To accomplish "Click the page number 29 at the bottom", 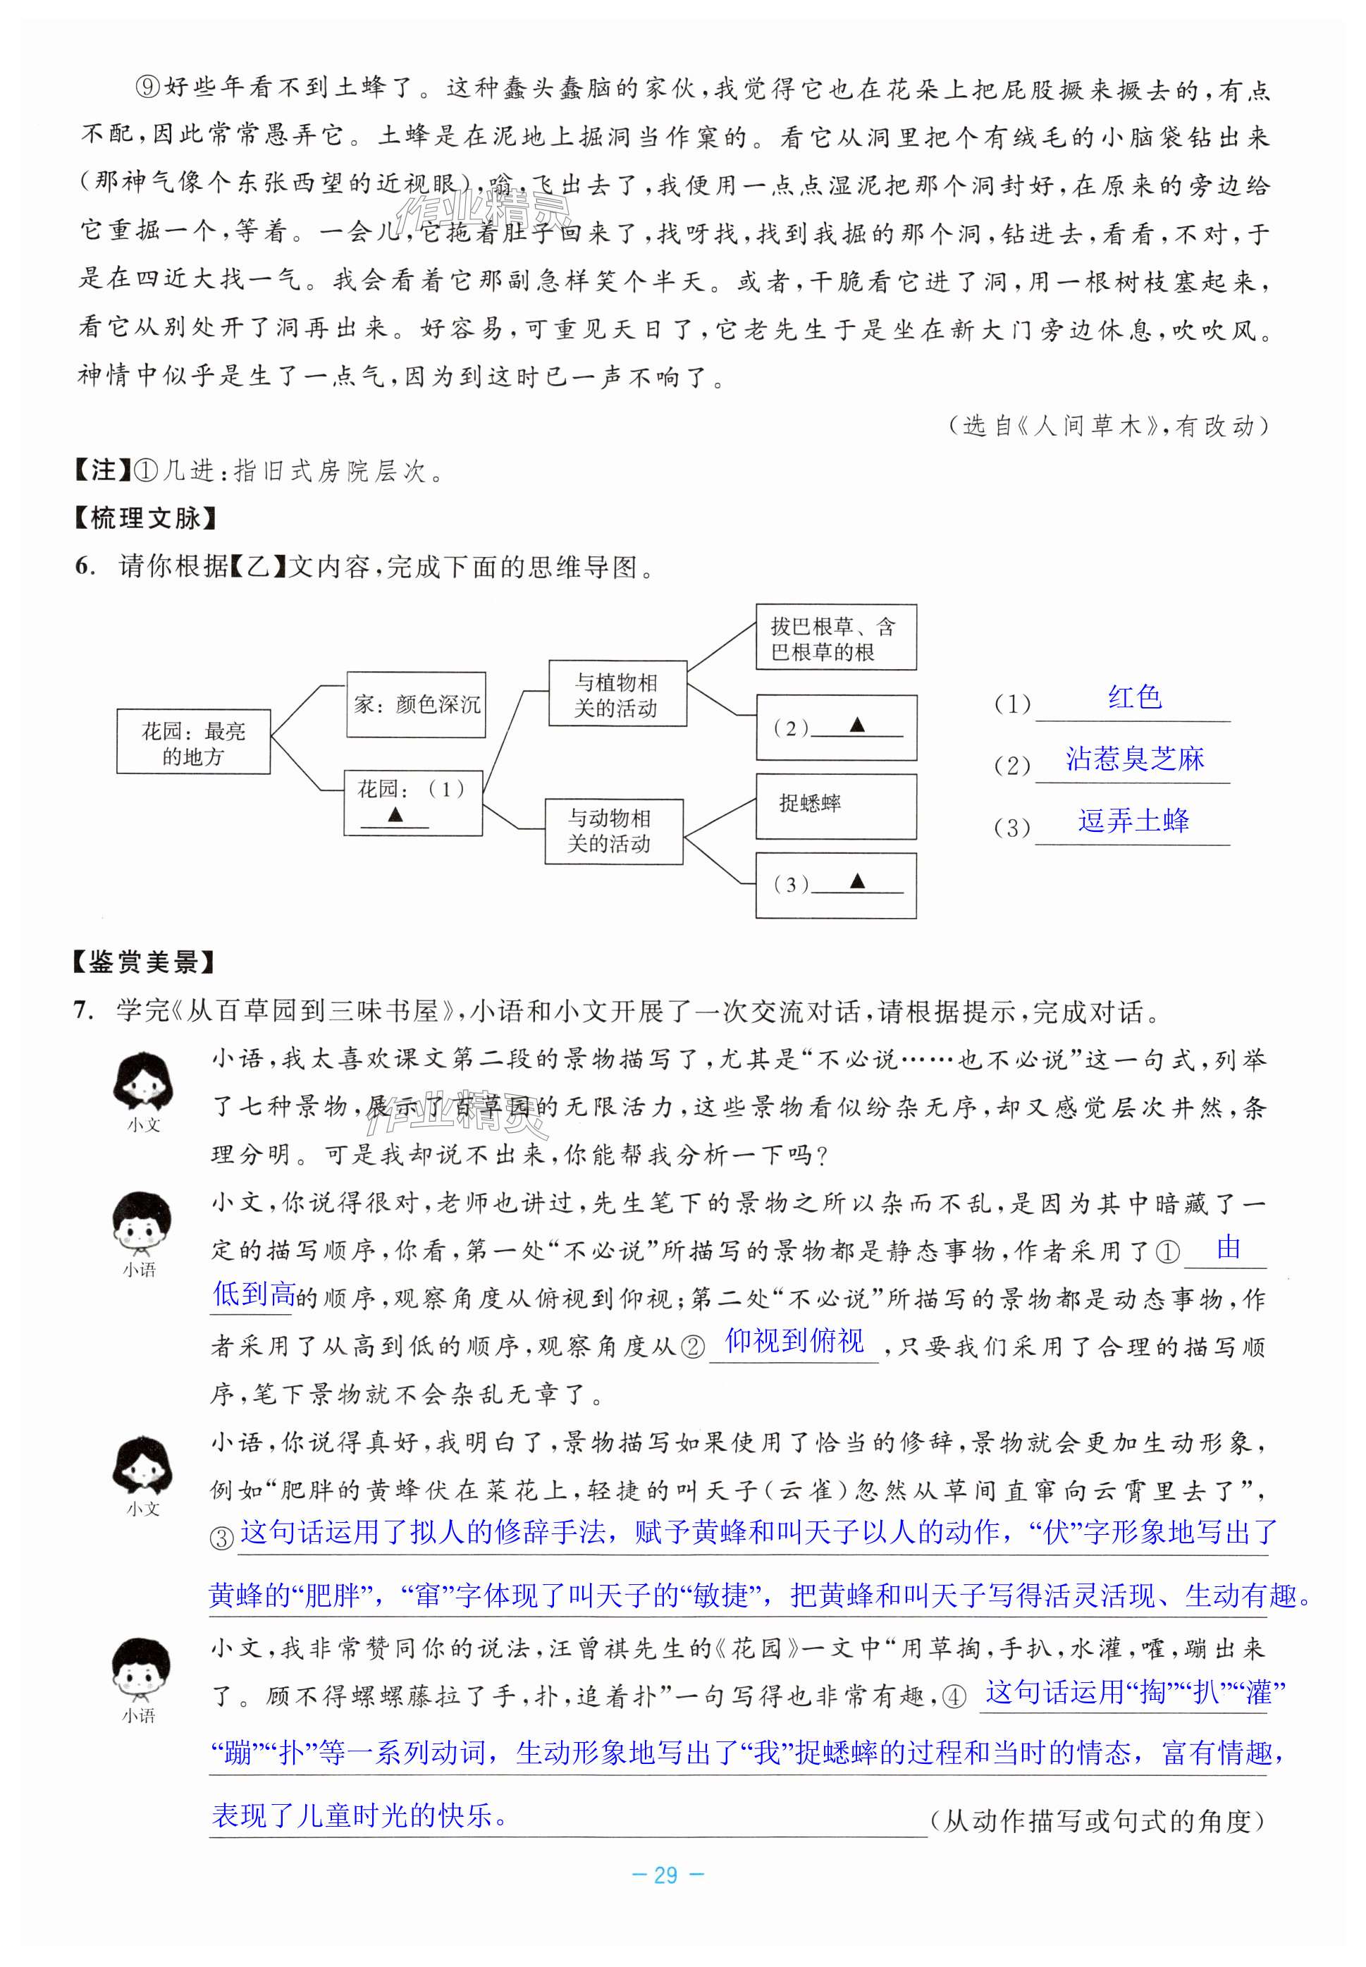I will pos(666,1875).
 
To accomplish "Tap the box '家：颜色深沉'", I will pos(416,704).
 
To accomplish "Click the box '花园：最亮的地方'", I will pos(193,742).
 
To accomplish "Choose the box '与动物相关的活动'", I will pos(614,831).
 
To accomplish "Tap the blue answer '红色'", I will pos(1134,697).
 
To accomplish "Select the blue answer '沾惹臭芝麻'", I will pos(1134,759).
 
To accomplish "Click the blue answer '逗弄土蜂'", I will pos(1133,821).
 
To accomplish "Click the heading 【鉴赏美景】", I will pos(144,962).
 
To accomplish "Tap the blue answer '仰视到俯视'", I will pos(794,1341).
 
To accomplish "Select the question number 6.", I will pos(84,567).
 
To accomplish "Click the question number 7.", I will pos(83,1011).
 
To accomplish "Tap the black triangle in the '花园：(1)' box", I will pos(395,814).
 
